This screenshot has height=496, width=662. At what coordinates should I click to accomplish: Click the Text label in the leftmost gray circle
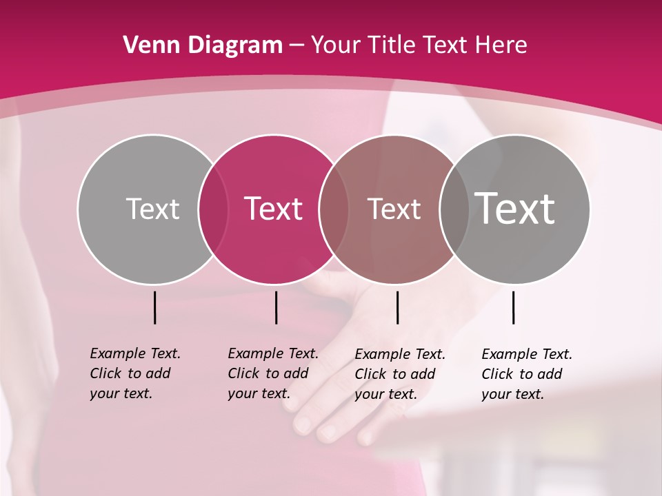152,209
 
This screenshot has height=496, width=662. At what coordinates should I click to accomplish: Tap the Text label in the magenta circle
273,209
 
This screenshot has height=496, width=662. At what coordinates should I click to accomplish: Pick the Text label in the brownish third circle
394,209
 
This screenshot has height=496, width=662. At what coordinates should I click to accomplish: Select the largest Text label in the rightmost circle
514,208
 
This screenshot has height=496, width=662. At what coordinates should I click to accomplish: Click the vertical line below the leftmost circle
155,307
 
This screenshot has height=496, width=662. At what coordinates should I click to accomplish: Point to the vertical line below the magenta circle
276,307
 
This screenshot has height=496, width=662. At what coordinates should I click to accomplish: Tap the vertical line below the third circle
397,307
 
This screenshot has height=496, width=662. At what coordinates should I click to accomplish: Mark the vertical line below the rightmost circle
514,307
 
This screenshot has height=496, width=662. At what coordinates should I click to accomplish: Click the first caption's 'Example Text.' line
135,353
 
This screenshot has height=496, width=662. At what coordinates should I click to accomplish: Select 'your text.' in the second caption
259,393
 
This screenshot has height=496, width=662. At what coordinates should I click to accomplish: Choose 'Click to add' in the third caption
394,374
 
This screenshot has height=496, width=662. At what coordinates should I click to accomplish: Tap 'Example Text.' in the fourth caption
527,354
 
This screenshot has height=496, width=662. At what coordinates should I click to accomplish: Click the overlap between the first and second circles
213,209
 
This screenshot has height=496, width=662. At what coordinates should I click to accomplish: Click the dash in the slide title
297,45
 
